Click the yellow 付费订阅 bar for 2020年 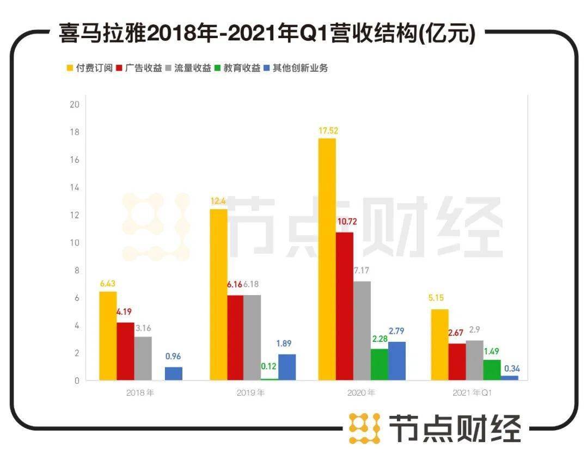pos(327,259)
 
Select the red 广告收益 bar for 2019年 pos(235,338)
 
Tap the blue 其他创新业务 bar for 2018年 pos(174,373)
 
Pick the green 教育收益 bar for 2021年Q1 pos(492,370)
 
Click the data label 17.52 pos(327,131)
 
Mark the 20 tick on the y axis pos(75,105)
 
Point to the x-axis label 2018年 pos(139,393)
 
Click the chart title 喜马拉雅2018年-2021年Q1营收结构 pos(267,34)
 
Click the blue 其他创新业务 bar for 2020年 pos(397,360)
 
